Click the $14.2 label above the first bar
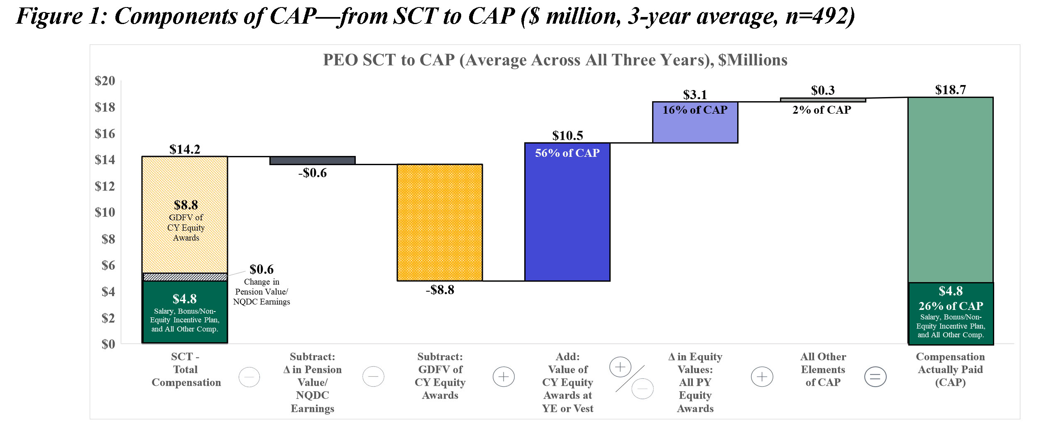[x=185, y=149]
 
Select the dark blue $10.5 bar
[x=567, y=216]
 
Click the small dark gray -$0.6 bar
[x=312, y=161]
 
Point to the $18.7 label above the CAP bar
[x=950, y=90]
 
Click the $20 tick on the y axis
[x=105, y=80]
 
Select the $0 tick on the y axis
[x=108, y=344]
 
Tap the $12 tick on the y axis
[x=105, y=186]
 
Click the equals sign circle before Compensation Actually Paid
[x=875, y=377]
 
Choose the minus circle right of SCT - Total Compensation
[x=249, y=377]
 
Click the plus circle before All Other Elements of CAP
[x=762, y=377]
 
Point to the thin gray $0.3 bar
[x=823, y=100]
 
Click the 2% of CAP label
[x=822, y=110]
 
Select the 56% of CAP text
[x=567, y=153]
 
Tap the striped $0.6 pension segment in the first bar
[x=185, y=277]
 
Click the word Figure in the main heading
[x=50, y=17]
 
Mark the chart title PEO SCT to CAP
[x=555, y=60]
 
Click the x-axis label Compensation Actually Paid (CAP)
[x=950, y=369]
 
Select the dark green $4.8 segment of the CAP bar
[x=950, y=314]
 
